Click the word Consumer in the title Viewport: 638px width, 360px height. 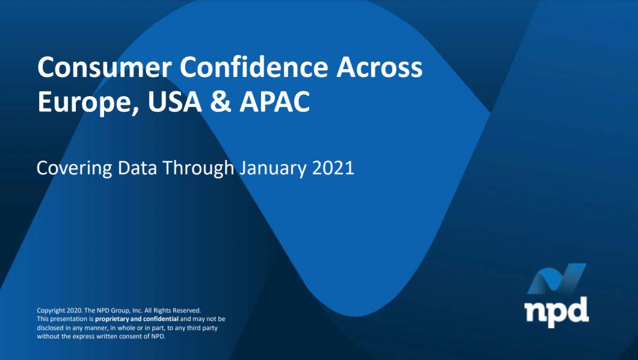tap(104, 67)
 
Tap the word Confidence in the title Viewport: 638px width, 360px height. tap(254, 67)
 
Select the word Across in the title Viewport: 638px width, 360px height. tap(379, 67)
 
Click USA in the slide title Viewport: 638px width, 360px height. tap(175, 102)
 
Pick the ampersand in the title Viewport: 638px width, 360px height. tap(221, 102)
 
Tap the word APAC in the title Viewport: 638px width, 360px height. tap(275, 102)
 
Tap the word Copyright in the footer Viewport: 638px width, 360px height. tap(51, 311)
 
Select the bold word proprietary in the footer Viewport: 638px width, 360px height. tap(111, 319)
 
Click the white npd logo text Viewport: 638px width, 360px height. tap(556, 311)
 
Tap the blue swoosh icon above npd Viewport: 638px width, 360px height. tap(557, 278)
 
